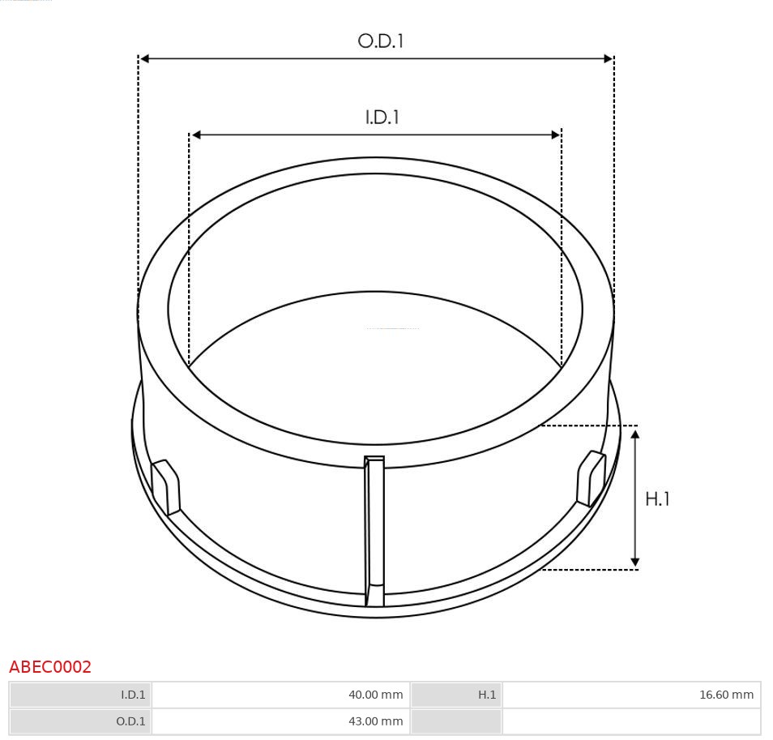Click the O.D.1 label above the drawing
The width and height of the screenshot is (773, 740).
[x=380, y=41]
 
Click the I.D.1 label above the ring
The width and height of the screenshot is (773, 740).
[x=382, y=118]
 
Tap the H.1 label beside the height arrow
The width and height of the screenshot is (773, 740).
[x=657, y=499]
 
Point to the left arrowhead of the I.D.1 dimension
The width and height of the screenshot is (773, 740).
[x=195, y=135]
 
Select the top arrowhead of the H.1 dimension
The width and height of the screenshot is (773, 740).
[x=635, y=435]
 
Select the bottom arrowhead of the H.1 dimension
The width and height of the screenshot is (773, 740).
[x=635, y=561]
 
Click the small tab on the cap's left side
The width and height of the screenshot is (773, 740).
[x=166, y=486]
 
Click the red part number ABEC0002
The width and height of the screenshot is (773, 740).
[x=50, y=667]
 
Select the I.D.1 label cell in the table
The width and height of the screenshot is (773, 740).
[x=81, y=695]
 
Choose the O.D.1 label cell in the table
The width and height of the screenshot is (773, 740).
[x=81, y=721]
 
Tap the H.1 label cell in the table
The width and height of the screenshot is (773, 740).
[x=456, y=695]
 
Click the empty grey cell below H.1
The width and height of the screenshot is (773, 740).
[x=456, y=721]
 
